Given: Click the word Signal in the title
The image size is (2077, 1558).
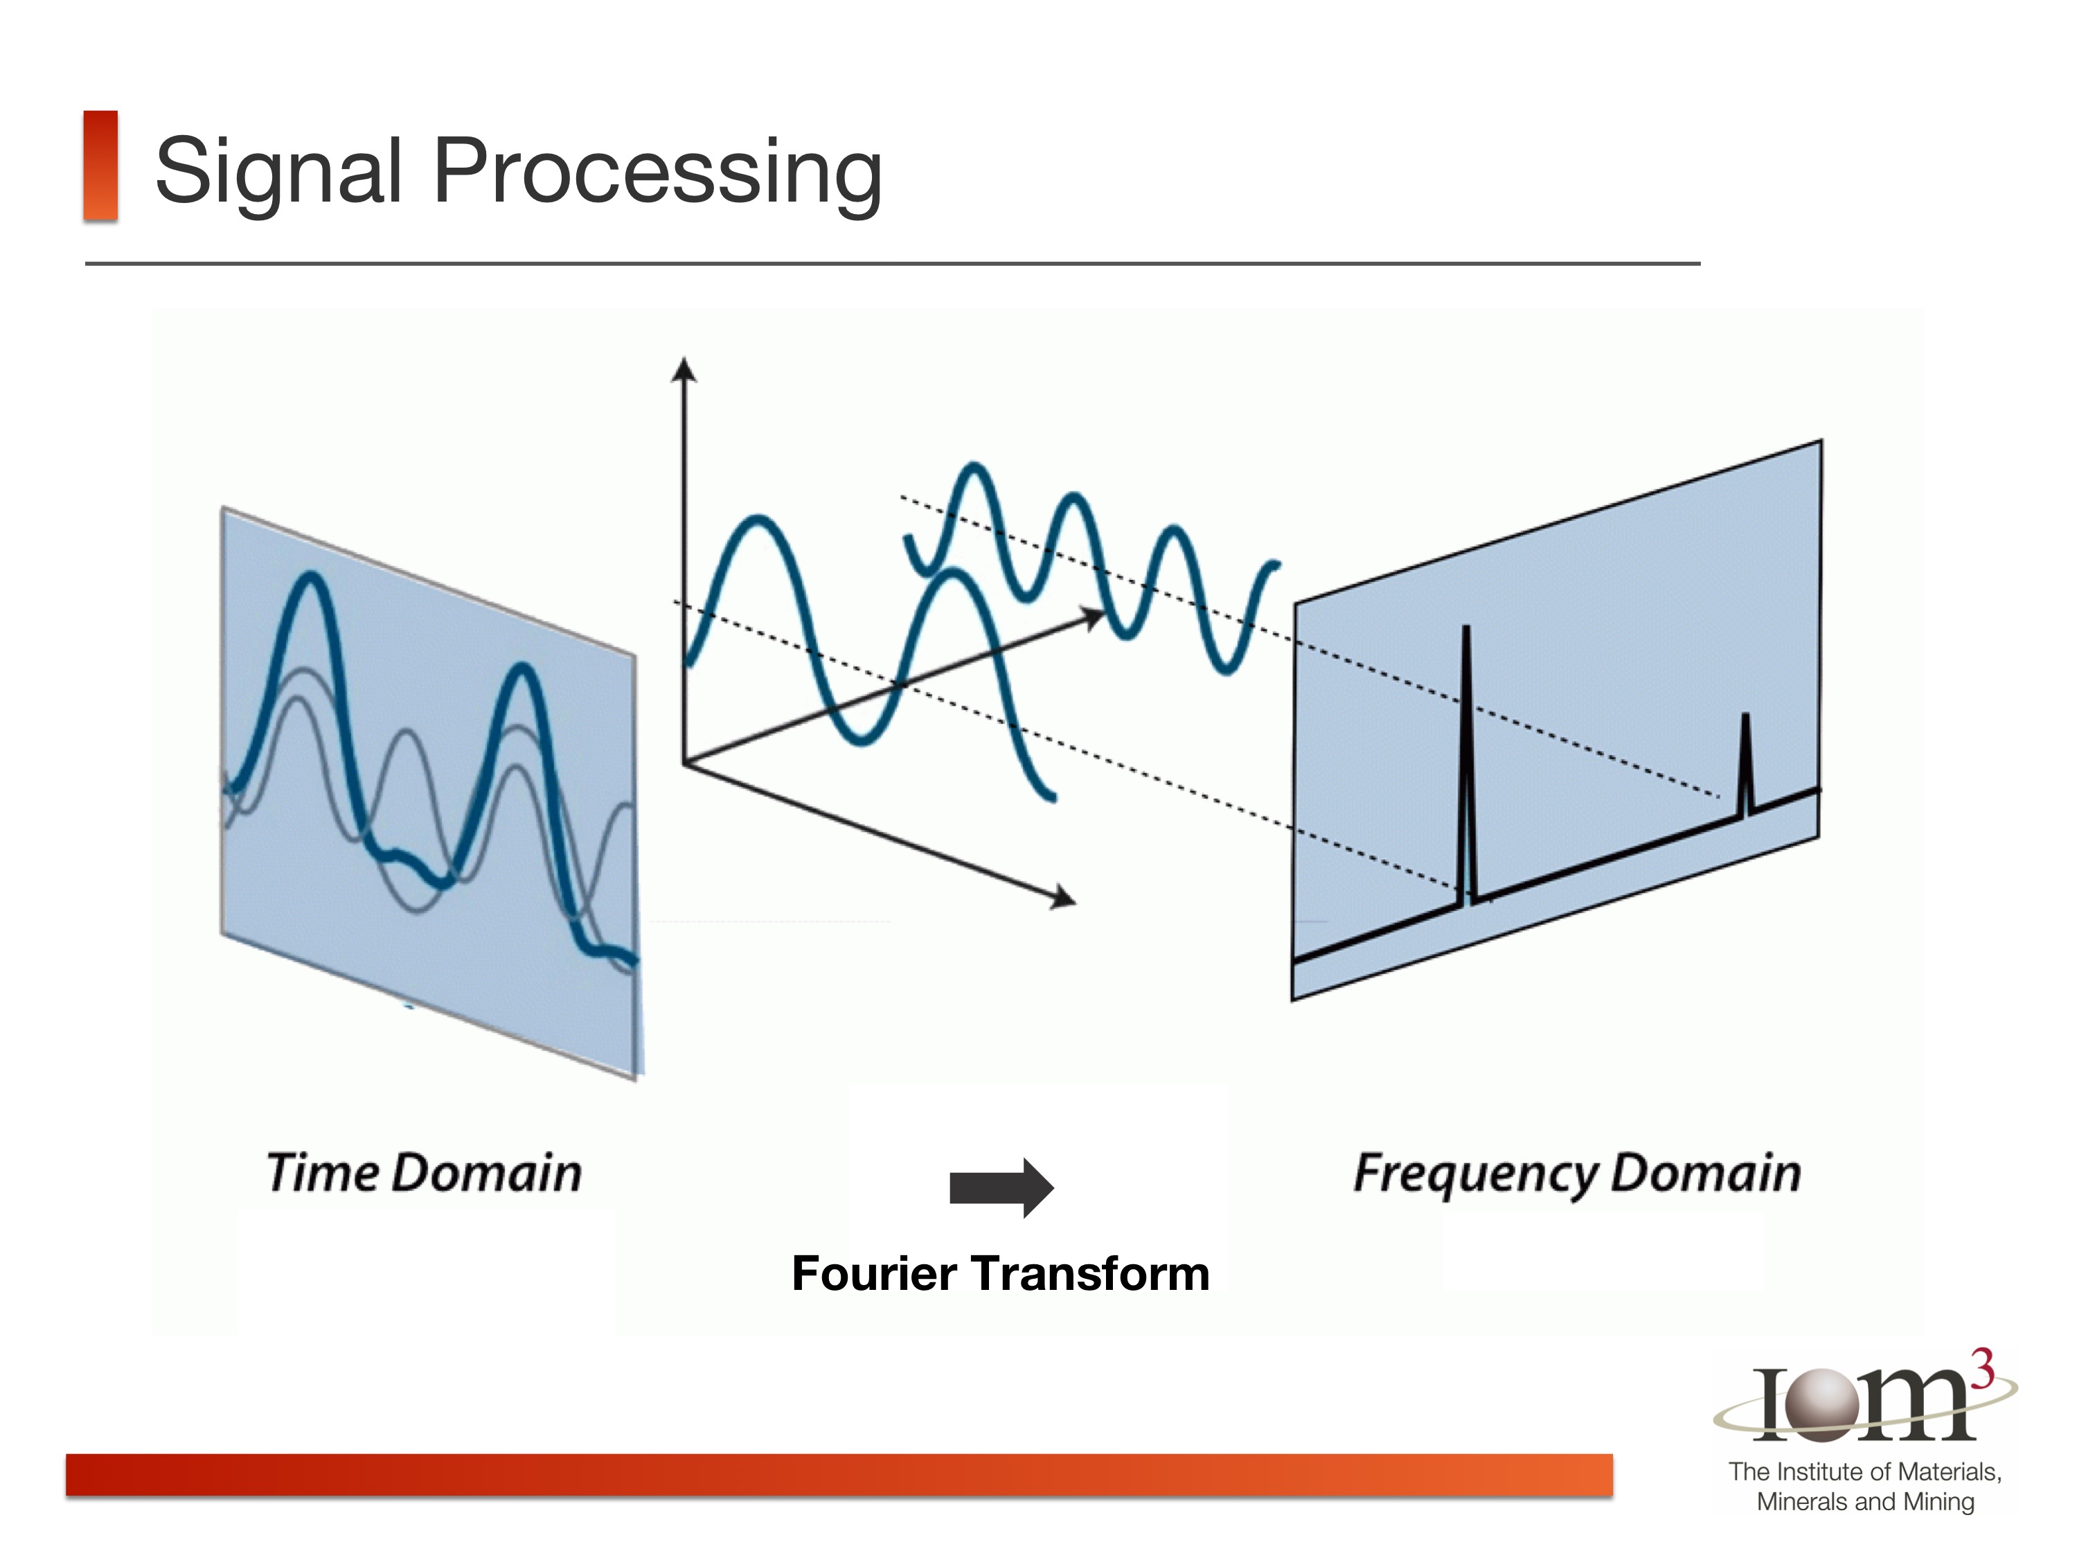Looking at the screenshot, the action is point(279,171).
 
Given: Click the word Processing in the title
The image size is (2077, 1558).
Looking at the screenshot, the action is point(657,171).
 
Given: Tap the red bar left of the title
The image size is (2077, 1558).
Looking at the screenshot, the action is point(100,166).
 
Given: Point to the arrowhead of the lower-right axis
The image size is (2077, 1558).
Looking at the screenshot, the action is point(1064,898).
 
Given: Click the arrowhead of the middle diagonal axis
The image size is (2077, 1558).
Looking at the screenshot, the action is point(1093,618).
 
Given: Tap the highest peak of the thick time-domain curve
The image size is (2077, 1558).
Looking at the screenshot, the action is point(310,579).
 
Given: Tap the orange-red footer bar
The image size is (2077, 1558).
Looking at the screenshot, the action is point(839,1474).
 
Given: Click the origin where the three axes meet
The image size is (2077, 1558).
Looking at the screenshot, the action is point(684,763).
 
